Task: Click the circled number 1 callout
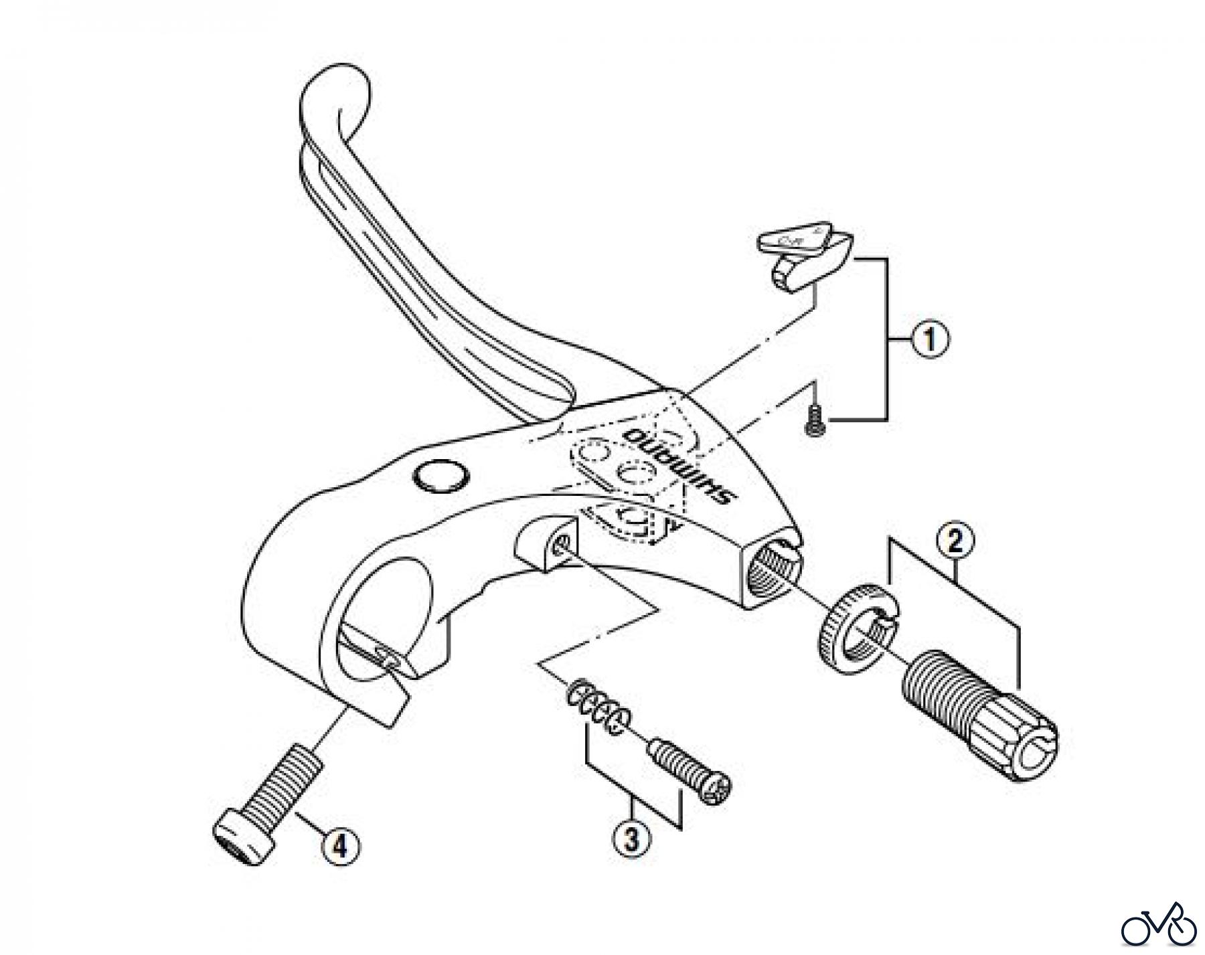click(930, 340)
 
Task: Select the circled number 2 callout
click(955, 541)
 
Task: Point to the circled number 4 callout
click(340, 848)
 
